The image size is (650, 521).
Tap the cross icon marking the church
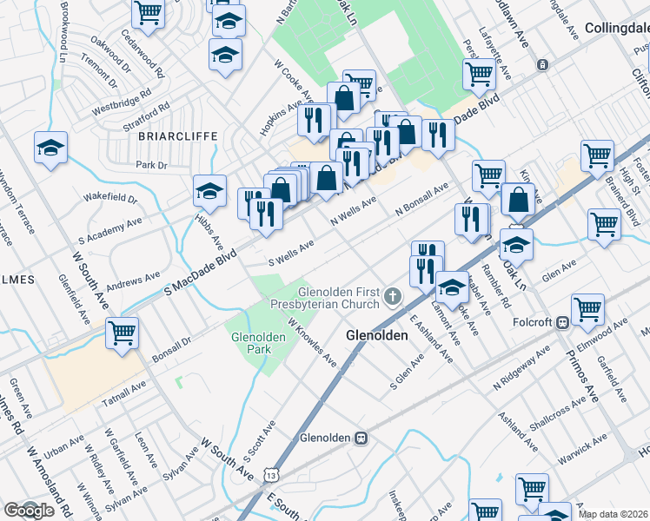coord(393,298)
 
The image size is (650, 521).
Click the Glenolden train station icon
coord(358,437)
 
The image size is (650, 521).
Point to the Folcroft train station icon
coord(562,322)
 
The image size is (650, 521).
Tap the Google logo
coord(28,511)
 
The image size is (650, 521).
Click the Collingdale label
coord(617,28)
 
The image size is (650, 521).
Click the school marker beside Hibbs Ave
coord(209,189)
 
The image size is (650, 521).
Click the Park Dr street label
coord(150,164)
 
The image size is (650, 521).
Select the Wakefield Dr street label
coord(110,198)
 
